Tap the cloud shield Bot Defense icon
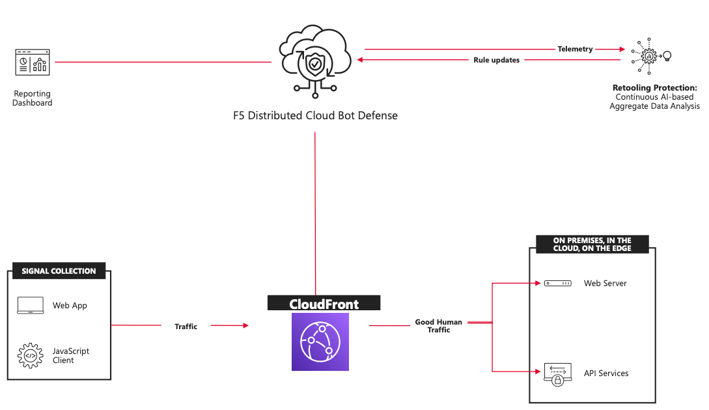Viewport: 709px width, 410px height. [315, 62]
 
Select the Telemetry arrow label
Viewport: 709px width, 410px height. [575, 49]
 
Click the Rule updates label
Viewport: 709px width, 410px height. [496, 60]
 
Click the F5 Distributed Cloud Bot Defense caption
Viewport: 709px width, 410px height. [315, 115]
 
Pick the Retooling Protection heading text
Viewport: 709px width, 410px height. [654, 87]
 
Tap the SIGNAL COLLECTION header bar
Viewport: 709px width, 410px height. [59, 271]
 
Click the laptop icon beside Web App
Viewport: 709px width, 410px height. [30, 305]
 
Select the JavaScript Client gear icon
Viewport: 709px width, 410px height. [30, 355]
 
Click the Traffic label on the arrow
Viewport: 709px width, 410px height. [186, 326]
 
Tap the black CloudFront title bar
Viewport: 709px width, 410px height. [324, 304]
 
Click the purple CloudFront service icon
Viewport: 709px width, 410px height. [320, 342]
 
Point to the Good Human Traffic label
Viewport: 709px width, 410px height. [438, 326]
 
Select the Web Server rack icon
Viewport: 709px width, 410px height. [557, 284]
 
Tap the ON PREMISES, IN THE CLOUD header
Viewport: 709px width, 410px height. [592, 244]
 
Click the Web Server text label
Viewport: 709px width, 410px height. [605, 284]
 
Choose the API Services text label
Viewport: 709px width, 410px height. [605, 373]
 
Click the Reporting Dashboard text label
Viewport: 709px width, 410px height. [32, 98]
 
